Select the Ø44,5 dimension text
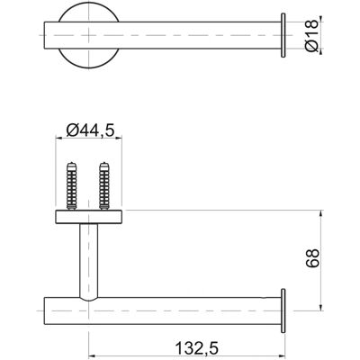(91, 130)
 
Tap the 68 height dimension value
(312, 258)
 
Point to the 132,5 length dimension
(197, 348)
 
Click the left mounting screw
(72, 185)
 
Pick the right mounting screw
(104, 185)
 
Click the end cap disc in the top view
(283, 35)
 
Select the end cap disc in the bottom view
(283, 310)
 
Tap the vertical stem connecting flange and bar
(88, 262)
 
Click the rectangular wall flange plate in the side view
(88, 217)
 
